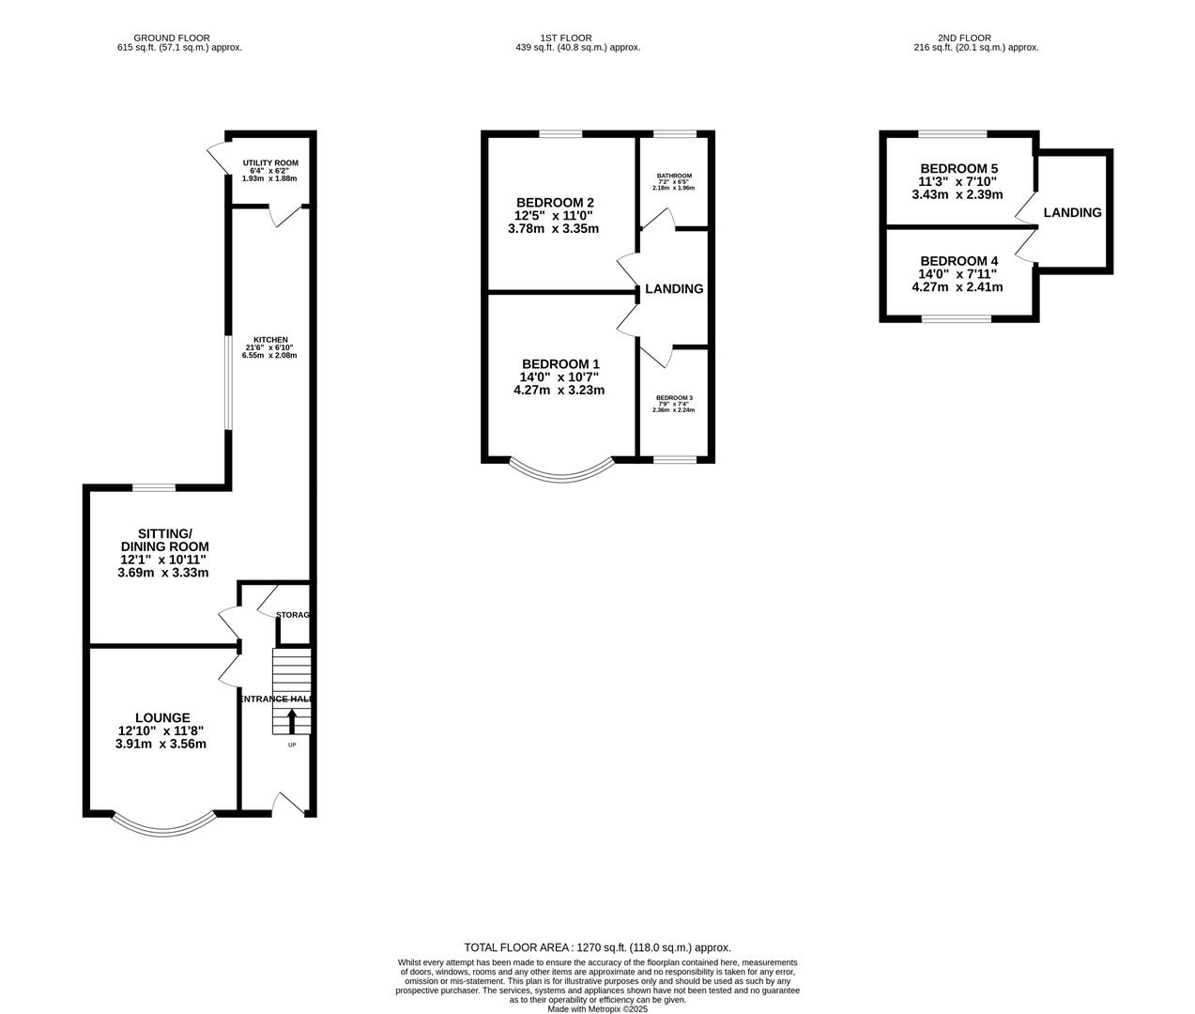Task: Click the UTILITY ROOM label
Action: pos(269,162)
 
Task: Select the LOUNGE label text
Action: pos(161,717)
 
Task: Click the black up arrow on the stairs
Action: pos(291,721)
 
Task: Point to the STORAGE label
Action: pos(293,615)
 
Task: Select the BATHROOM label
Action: pos(673,176)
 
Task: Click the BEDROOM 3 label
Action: pos(673,397)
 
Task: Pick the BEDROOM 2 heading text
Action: pos(555,202)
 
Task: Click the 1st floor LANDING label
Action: pos(674,288)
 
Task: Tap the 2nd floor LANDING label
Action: pos(1072,212)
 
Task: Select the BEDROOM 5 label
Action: pos(958,169)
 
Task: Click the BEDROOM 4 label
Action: pos(958,261)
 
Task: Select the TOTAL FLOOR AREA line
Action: pos(597,947)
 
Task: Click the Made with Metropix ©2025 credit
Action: pos(597,1009)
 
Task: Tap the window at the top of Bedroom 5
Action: pos(952,134)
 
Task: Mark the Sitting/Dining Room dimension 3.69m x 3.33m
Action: pos(161,572)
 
